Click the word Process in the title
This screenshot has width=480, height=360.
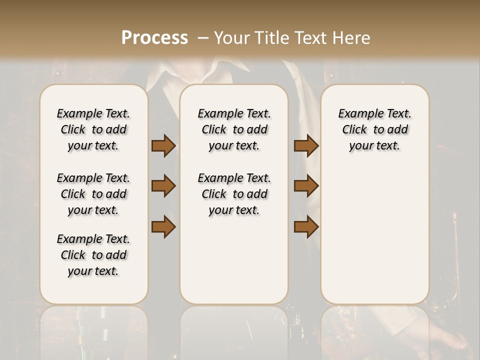coord(154,38)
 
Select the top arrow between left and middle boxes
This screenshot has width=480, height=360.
coord(163,146)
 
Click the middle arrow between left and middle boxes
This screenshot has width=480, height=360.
coord(163,186)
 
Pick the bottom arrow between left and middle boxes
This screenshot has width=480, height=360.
coord(163,226)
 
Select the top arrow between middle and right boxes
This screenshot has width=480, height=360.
coord(306,146)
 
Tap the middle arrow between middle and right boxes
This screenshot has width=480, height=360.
coord(306,186)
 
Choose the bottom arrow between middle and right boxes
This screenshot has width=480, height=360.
coord(306,226)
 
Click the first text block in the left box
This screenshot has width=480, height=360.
coord(93,129)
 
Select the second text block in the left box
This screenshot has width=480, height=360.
coord(93,194)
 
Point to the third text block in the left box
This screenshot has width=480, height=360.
coord(93,255)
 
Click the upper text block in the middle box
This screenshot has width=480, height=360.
coord(234,129)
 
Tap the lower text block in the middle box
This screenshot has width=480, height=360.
coord(234,194)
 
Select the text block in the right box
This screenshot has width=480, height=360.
coord(374,129)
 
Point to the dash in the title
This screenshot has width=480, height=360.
coord(203,38)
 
